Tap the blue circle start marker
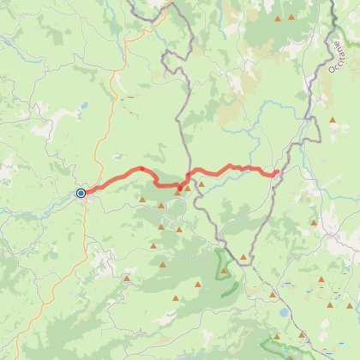click(x=81, y=193)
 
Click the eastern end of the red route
click(x=276, y=174)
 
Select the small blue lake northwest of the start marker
click(x=83, y=107)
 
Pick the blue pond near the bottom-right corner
click(x=281, y=313)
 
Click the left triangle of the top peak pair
click(x=278, y=19)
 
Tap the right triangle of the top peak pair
click(x=291, y=17)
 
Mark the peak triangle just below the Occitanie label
click(x=332, y=120)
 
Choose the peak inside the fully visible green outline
click(x=224, y=271)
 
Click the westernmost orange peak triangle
click(x=127, y=278)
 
